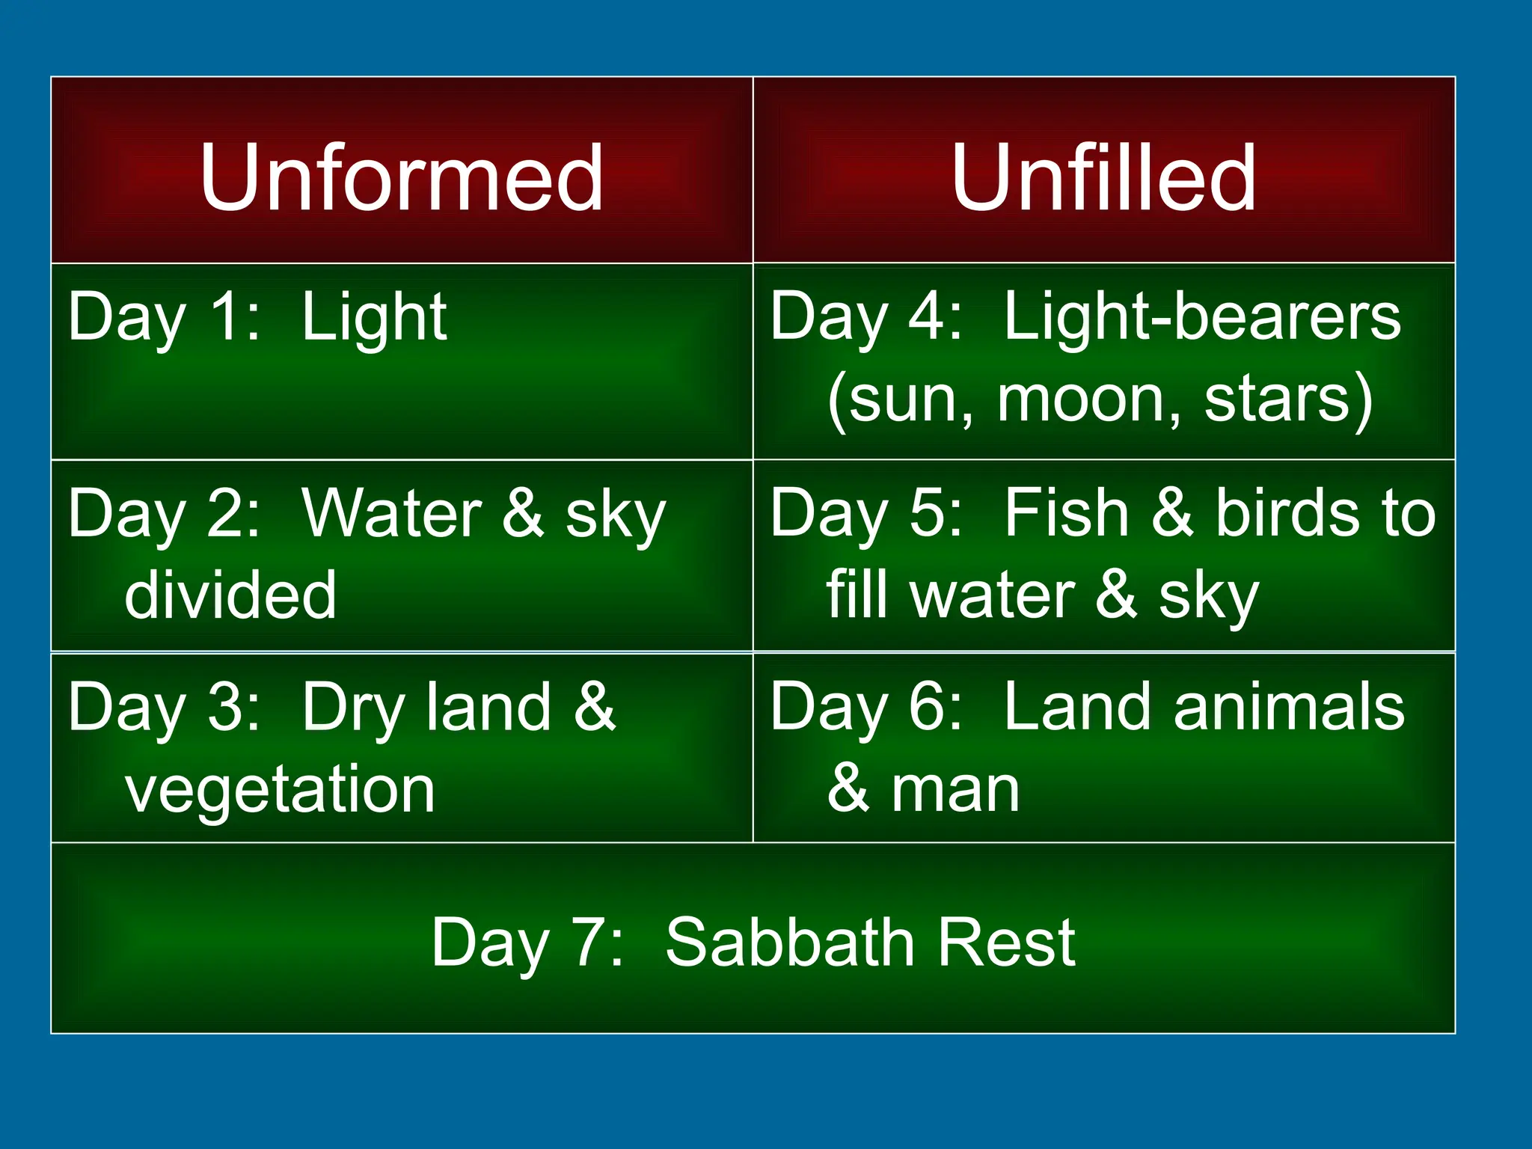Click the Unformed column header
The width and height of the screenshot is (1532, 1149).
401,178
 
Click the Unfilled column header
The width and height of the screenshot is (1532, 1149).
1103,178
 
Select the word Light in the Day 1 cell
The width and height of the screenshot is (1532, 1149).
374,318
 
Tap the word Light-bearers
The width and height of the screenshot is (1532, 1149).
1202,318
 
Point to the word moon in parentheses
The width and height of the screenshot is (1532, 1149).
1089,400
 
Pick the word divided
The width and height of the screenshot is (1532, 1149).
230,595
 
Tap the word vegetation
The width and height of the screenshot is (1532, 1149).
280,791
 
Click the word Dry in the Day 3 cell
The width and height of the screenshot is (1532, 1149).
352,709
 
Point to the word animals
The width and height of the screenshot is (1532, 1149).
1289,708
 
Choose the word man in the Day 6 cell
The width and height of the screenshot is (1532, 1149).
955,790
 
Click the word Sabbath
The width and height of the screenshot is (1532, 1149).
787,943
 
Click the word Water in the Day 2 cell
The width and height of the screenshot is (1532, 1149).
391,514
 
